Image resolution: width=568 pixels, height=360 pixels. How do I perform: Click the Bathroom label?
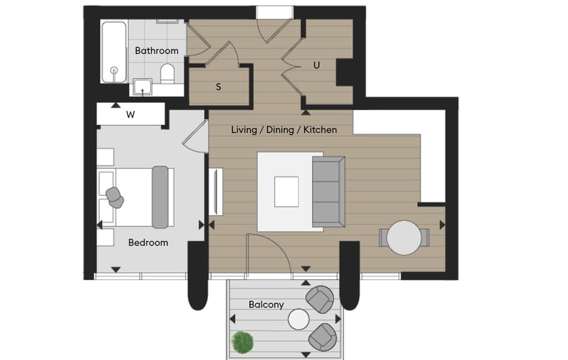point(157,50)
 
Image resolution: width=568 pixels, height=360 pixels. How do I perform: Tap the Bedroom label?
point(148,242)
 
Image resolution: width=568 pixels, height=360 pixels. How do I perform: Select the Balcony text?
point(266,305)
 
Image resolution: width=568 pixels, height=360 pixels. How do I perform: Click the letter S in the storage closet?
point(218,87)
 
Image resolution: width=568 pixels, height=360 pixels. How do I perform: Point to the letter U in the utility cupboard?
point(317,66)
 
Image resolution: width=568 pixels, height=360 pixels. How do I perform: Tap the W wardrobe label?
point(130,115)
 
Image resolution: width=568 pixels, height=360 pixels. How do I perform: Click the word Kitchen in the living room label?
point(320,129)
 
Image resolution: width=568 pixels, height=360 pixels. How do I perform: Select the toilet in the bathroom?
point(167,73)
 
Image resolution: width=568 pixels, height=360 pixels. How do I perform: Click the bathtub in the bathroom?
point(114,52)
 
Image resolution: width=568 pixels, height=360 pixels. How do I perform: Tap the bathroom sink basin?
point(142,87)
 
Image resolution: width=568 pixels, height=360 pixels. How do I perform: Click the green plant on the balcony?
point(243,342)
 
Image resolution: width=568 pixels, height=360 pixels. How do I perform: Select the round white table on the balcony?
point(299,319)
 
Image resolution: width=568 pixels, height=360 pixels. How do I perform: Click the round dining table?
point(404,238)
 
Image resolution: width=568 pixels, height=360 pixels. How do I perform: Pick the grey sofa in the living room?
point(328,191)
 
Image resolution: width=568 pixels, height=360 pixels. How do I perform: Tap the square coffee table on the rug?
point(286,191)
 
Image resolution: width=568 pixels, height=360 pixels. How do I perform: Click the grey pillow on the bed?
point(115,197)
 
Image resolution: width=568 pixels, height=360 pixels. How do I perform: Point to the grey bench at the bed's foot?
point(160,197)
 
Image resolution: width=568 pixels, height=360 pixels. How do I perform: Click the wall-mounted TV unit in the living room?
point(216,191)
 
